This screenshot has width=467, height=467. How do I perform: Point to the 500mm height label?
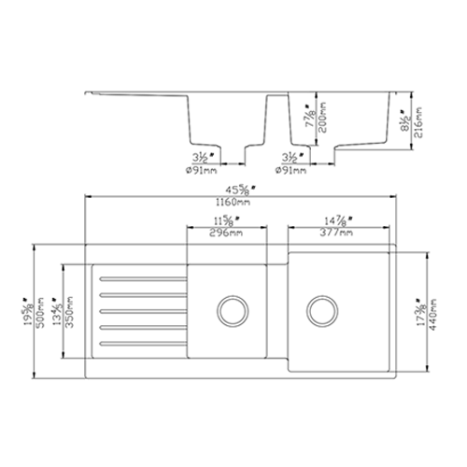(x=43, y=309)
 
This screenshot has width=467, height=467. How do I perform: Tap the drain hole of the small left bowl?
(x=231, y=307)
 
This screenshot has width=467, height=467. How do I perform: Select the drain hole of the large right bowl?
(x=319, y=307)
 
